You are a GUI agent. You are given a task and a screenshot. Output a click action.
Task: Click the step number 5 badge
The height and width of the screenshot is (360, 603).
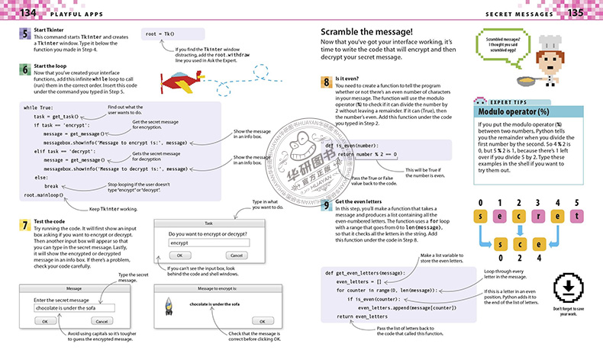[x=24, y=35]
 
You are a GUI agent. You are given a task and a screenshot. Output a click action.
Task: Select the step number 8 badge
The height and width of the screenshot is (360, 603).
[x=326, y=80]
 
